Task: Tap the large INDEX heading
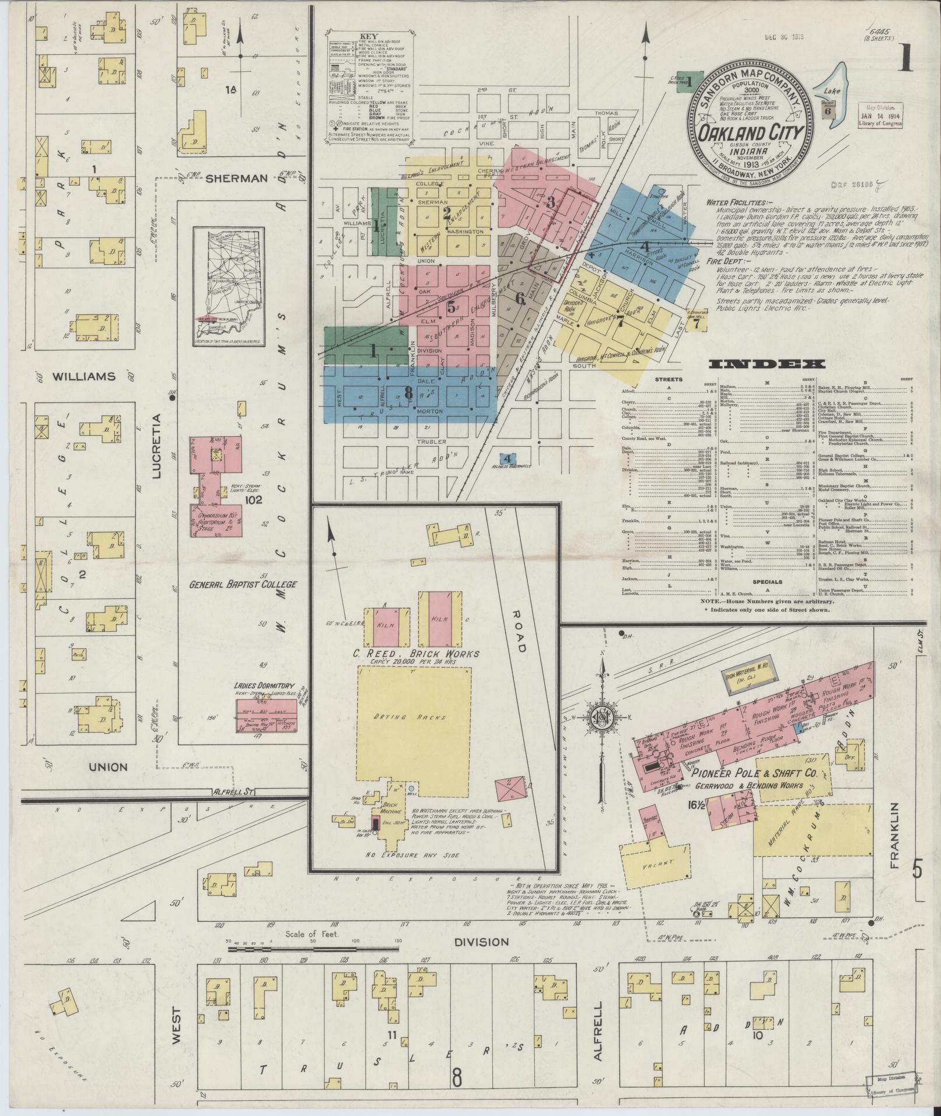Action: click(767, 365)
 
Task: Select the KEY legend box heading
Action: click(369, 36)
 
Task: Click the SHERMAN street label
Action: click(236, 179)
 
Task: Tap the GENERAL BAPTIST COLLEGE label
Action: click(243, 584)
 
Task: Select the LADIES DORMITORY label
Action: click(263, 687)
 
